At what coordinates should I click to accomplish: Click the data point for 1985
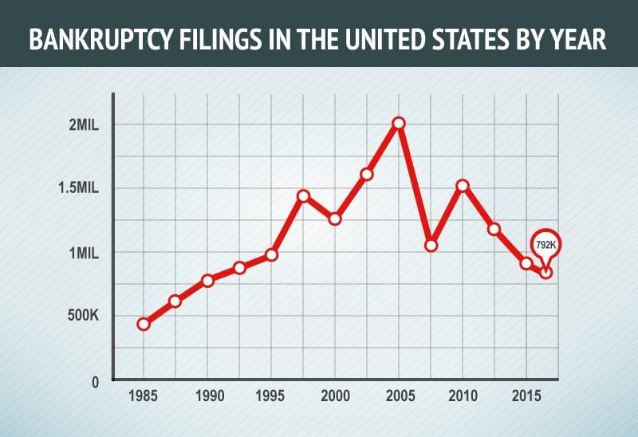tap(144, 324)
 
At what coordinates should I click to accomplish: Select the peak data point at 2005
tap(399, 123)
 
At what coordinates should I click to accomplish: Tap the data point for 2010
tap(463, 186)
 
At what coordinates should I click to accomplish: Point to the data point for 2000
tap(335, 218)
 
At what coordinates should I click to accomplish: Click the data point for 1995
tap(271, 254)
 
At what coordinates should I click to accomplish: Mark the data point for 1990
tap(207, 280)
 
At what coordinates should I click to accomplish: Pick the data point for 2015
tap(526, 263)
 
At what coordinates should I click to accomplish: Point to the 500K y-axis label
tap(81, 317)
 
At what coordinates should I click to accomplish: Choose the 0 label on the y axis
tap(93, 381)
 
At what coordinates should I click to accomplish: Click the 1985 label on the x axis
tap(144, 396)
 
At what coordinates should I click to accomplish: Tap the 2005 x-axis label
tap(399, 396)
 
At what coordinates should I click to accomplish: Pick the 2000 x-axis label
tap(335, 396)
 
